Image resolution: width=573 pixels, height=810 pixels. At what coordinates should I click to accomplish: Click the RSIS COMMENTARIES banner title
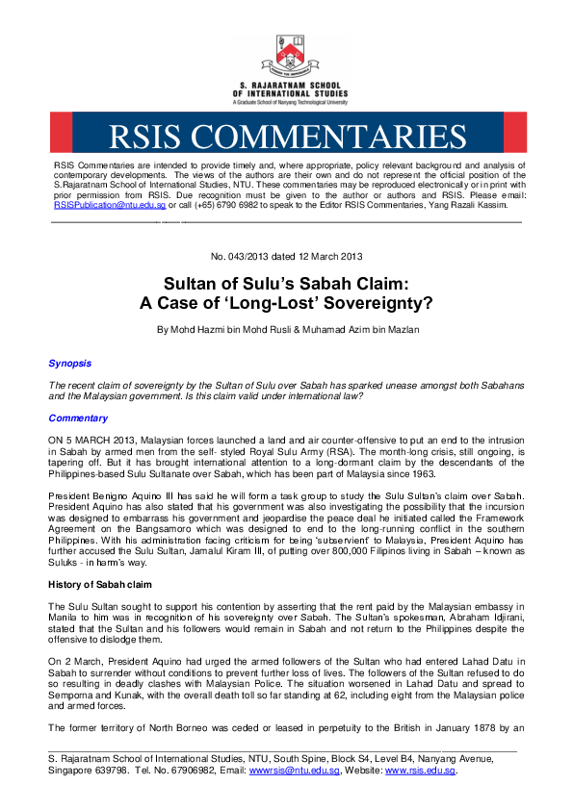point(286,134)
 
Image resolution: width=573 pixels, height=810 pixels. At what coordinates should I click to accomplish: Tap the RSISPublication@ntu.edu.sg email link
point(110,205)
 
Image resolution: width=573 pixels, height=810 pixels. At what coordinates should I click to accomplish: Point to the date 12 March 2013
point(332,257)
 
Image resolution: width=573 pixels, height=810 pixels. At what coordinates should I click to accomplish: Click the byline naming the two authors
point(286,330)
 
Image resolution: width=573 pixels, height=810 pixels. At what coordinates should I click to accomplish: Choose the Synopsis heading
point(70,364)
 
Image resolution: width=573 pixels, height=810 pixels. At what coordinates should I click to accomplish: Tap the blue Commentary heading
point(78,418)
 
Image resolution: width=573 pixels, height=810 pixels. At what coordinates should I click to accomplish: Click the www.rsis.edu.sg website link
point(420,771)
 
